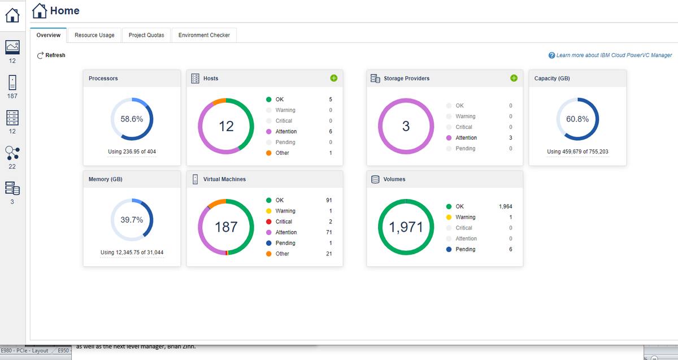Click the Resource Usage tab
coord(94,35)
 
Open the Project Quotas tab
coord(146,35)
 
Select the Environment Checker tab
coord(204,35)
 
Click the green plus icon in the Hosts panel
coord(333,78)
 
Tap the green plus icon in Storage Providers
coord(514,78)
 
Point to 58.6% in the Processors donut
coord(132,119)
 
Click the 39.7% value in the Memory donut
coord(132,220)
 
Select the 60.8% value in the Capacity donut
coord(577,119)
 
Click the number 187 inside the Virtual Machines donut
coord(226,227)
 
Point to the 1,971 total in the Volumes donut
coord(406,227)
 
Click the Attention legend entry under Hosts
coord(286,132)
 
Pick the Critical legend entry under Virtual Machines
coord(284,222)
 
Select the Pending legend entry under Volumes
coord(465,249)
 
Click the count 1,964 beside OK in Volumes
coord(505,206)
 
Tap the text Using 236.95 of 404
coord(132,151)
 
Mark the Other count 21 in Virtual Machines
coord(328,254)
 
